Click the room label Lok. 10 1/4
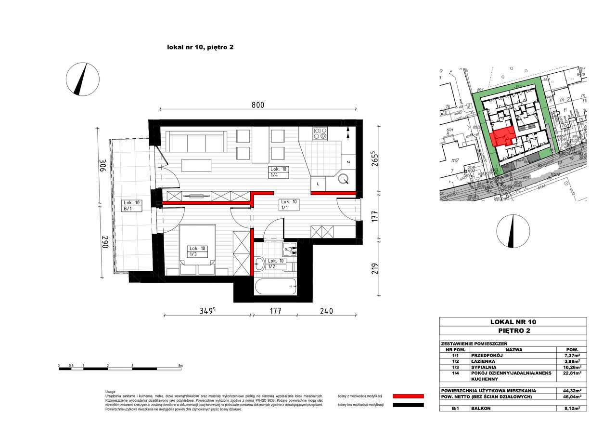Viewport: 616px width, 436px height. click(279, 172)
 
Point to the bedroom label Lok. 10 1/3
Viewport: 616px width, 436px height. click(197, 251)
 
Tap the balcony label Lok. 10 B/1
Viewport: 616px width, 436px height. click(131, 206)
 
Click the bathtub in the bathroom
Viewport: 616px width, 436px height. click(275, 287)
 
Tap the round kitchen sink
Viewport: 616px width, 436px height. click(344, 179)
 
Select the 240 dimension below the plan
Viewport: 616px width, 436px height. click(326, 312)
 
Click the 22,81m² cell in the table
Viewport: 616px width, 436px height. click(571, 373)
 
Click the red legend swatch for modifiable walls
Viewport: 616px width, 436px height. click(408, 396)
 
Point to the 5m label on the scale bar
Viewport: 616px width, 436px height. click(180, 366)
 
